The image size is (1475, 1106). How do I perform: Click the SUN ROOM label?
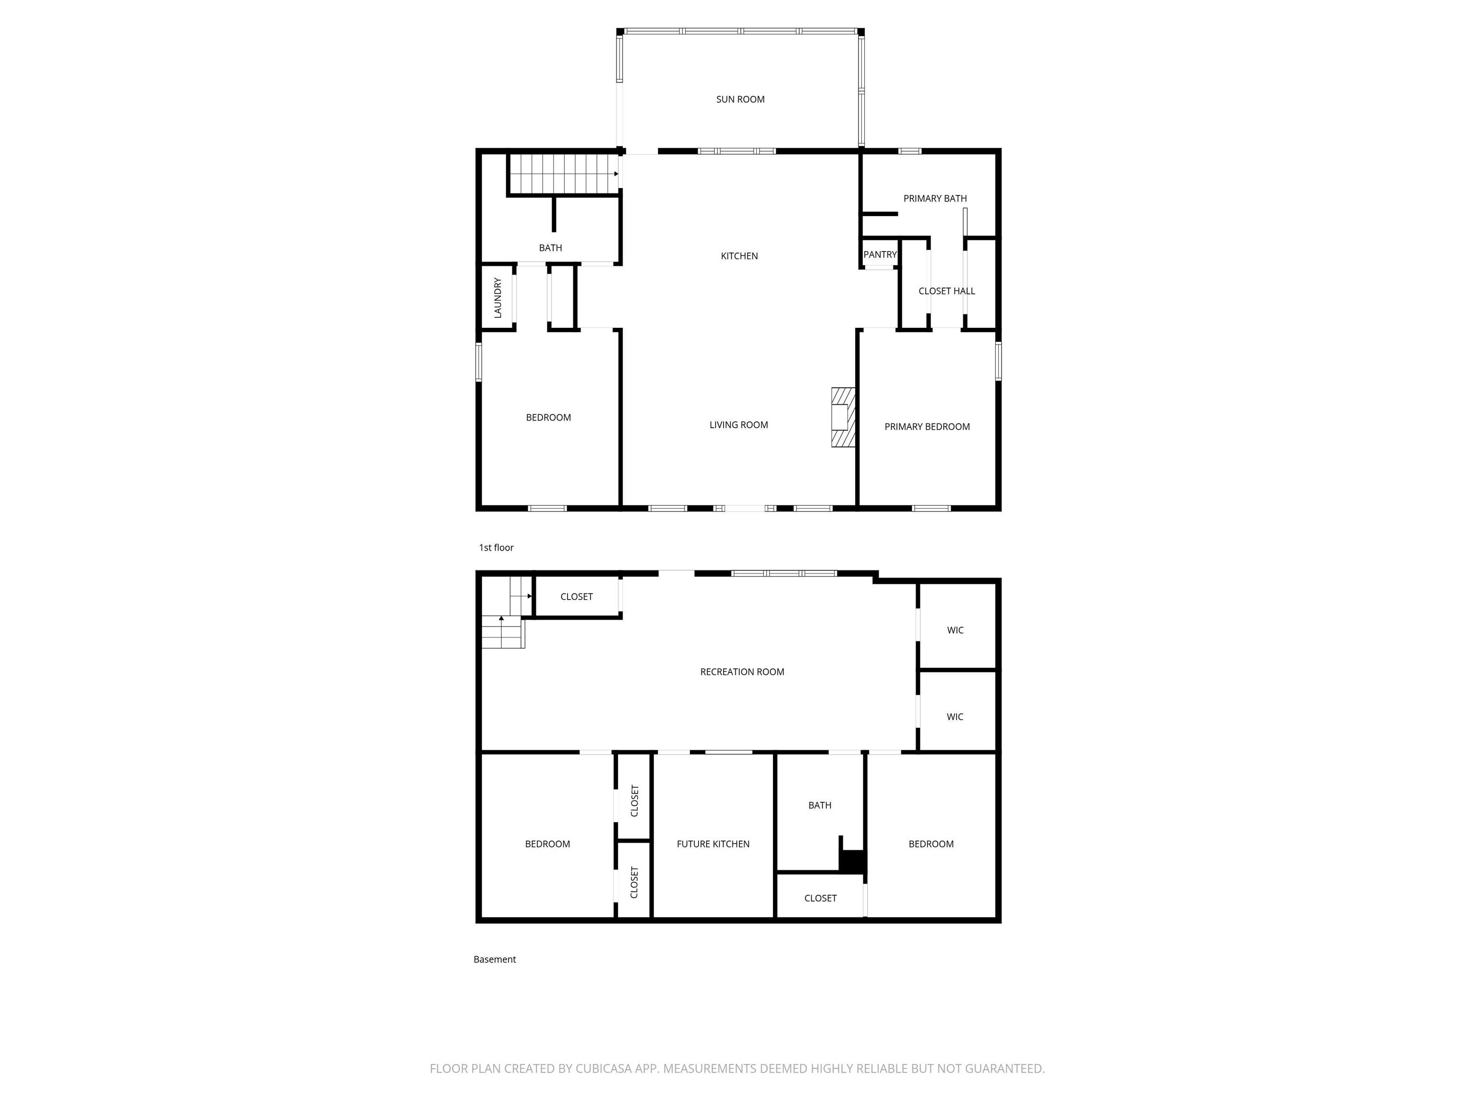click(x=740, y=99)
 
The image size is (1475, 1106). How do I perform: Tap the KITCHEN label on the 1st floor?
click(x=739, y=256)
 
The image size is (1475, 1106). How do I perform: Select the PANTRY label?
click(x=880, y=255)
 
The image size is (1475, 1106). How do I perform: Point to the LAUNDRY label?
click(x=497, y=297)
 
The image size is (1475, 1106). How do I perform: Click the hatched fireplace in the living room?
click(x=843, y=417)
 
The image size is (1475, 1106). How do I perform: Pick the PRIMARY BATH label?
click(x=935, y=199)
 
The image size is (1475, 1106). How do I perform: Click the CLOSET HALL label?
click(x=946, y=291)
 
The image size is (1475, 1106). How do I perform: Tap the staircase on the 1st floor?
click(x=564, y=174)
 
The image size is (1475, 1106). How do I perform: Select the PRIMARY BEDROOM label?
click(x=927, y=427)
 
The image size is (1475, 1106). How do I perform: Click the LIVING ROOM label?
click(x=738, y=425)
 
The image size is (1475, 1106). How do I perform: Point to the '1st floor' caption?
click(x=496, y=547)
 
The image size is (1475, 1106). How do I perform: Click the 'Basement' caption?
click(x=494, y=959)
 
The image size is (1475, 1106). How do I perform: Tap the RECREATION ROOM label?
click(x=741, y=672)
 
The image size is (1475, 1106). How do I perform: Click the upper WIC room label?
click(x=955, y=630)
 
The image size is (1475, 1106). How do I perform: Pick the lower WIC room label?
click(x=954, y=717)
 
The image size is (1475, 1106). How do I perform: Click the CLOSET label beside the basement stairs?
click(x=576, y=597)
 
